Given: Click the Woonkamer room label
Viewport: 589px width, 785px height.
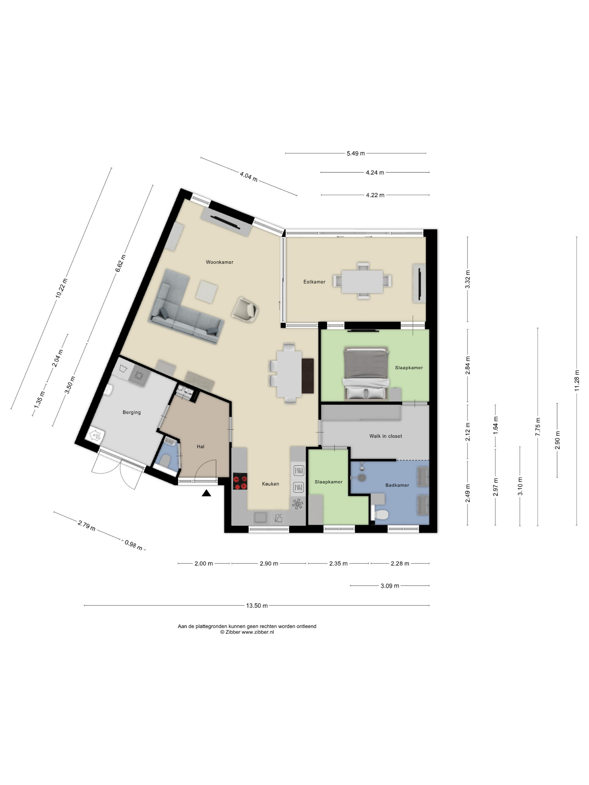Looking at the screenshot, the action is coord(219,262).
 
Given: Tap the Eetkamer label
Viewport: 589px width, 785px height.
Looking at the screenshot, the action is coord(314,282).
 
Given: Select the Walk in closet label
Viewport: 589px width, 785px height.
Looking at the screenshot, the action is coord(386,436).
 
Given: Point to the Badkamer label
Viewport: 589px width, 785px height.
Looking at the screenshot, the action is coord(397,485).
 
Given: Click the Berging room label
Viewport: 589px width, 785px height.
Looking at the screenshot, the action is coord(132,412).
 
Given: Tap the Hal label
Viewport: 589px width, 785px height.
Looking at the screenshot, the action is coord(201,447).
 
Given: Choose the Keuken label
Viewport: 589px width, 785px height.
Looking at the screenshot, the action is coord(271,484).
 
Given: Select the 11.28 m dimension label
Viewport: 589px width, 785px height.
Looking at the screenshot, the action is coord(577,380).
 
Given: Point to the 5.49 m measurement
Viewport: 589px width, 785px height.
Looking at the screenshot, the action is coord(356,153).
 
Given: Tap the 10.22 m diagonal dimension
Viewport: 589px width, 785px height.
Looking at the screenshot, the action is coord(61,288).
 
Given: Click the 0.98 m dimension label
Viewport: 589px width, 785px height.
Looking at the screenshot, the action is coord(134,545).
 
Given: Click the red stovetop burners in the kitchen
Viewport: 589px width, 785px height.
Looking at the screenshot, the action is coord(240,482).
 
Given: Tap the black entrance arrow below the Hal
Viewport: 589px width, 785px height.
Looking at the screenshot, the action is coord(207,493).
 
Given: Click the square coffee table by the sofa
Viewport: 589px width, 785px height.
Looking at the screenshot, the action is coord(207,291).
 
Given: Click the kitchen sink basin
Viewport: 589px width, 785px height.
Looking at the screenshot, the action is coord(261,518).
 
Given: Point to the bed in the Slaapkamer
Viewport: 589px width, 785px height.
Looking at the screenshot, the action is coord(366,373).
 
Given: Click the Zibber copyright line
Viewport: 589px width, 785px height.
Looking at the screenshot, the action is coord(247,632).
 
